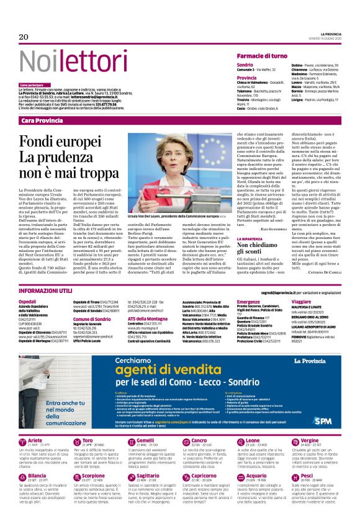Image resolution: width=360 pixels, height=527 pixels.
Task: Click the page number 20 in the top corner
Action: (x=24, y=37)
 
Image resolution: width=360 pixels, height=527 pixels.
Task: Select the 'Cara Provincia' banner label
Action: (x=42, y=120)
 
